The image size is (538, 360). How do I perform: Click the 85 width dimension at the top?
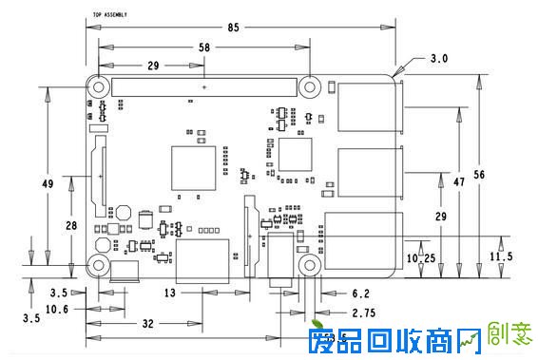(233, 27)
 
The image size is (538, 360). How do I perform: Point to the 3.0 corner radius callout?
(439, 59)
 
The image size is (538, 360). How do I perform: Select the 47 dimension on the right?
(458, 180)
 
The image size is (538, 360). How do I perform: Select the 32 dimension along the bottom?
(148, 324)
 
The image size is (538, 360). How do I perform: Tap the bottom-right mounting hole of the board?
(309, 264)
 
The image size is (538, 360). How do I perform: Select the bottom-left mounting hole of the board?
(98, 265)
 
